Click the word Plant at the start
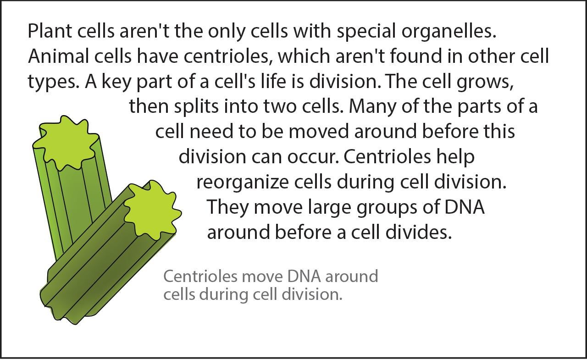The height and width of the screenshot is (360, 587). [x=50, y=31]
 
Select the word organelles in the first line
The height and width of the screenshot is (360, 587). [x=449, y=32]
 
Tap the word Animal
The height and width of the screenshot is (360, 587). [x=58, y=56]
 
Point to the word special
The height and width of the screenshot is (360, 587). [x=366, y=32]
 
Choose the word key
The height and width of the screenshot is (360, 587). [x=116, y=82]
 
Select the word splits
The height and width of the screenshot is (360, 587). [x=196, y=106]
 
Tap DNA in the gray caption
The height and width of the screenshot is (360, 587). [x=304, y=276]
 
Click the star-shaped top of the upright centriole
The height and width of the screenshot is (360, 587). [x=66, y=142]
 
